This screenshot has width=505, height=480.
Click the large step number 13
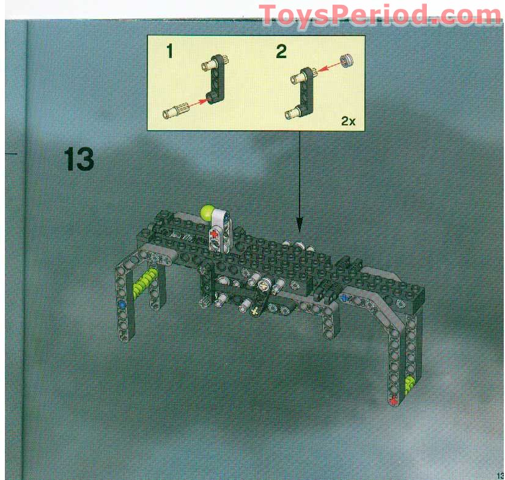pyautogui.click(x=79, y=159)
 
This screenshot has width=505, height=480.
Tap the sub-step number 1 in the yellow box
pyautogui.click(x=170, y=51)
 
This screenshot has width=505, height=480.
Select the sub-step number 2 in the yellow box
pyautogui.click(x=281, y=51)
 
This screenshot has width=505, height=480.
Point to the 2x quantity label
pyautogui.click(x=348, y=121)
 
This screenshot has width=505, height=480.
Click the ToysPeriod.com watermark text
pyautogui.click(x=380, y=15)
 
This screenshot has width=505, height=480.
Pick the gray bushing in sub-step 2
pyautogui.click(x=347, y=61)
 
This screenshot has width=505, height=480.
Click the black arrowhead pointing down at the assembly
pyautogui.click(x=300, y=224)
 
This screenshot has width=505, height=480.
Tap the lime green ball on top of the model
pyautogui.click(x=207, y=212)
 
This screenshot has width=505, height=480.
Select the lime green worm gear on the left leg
pyautogui.click(x=144, y=283)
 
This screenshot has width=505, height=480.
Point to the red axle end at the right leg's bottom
pyautogui.click(x=393, y=401)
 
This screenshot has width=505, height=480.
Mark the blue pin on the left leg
pyautogui.click(x=122, y=303)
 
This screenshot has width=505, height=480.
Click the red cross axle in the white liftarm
pyautogui.click(x=213, y=233)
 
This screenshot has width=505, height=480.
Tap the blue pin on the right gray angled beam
pyautogui.click(x=345, y=297)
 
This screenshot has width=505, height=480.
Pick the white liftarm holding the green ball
pyautogui.click(x=219, y=229)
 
